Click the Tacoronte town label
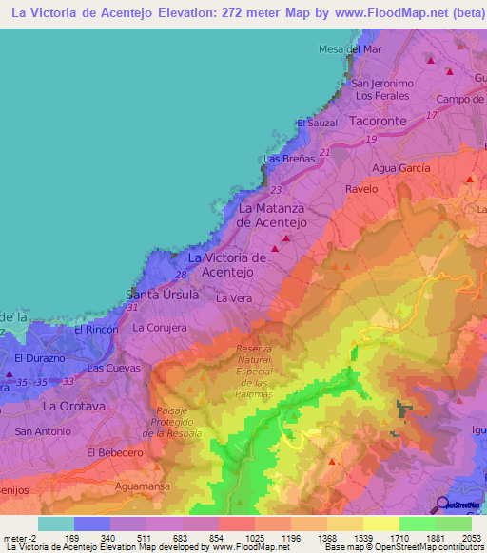(x=379, y=122)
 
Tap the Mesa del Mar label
(x=350, y=48)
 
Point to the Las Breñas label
(x=288, y=159)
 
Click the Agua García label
(x=400, y=167)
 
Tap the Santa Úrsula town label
(x=164, y=295)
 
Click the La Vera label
(x=232, y=298)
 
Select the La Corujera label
(x=160, y=327)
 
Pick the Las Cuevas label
(x=114, y=367)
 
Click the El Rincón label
(x=95, y=329)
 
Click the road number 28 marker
(x=180, y=275)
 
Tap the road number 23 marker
(x=275, y=189)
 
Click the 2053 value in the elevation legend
(x=471, y=537)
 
